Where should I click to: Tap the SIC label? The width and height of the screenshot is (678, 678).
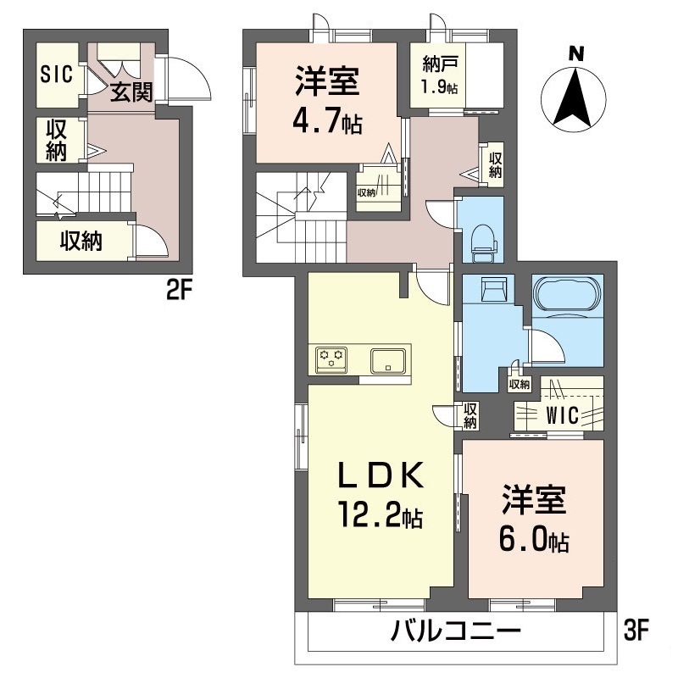[x=56, y=74]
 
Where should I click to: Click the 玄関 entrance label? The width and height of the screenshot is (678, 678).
[x=131, y=92]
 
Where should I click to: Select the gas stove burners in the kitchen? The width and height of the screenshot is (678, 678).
[x=332, y=359]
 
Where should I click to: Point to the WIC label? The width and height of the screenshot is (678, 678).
[x=562, y=415]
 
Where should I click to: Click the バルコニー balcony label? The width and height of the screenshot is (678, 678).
[x=455, y=631]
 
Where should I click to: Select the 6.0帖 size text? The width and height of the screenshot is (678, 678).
[x=534, y=537]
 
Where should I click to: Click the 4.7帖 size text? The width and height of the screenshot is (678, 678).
[x=329, y=123]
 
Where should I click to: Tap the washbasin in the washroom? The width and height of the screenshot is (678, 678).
[x=492, y=290]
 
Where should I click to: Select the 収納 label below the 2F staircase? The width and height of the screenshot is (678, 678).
[x=81, y=242]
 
